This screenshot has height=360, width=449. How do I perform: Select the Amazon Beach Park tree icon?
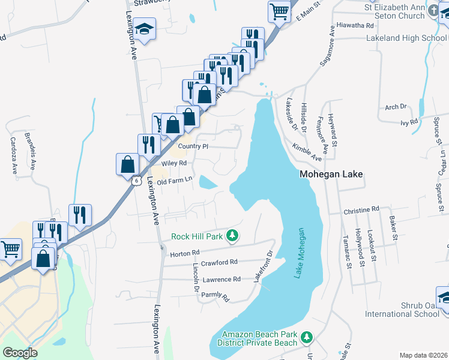(307, 338)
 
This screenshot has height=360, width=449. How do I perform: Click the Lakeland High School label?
(407, 38)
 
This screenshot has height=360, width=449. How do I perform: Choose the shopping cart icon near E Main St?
(280, 10)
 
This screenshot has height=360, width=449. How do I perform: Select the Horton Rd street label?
(185, 253)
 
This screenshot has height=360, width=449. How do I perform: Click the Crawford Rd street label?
(220, 262)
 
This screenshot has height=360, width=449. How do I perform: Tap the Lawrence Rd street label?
(221, 279)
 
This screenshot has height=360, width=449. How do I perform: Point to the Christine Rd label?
(361, 210)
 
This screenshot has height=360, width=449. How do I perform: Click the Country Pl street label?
(193, 146)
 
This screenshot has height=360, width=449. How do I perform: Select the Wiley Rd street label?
(174, 163)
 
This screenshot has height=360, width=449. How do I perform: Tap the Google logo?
(20, 353)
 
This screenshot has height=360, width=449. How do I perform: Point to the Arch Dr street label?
(396, 107)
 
